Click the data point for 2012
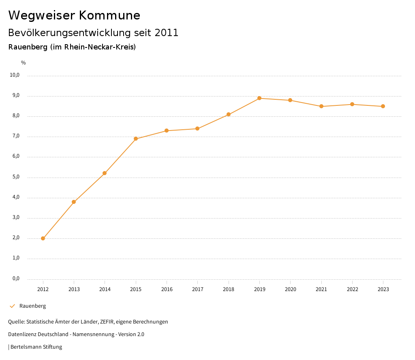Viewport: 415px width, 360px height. (x=43, y=238)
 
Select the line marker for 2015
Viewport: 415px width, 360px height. (x=136, y=139)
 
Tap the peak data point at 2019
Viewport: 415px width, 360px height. (x=259, y=98)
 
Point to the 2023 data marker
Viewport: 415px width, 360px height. (x=383, y=106)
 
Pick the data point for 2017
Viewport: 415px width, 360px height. (x=197, y=129)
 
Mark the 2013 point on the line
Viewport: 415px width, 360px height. (x=74, y=202)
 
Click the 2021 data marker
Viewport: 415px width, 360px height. (x=321, y=106)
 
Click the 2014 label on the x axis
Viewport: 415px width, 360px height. (x=105, y=289)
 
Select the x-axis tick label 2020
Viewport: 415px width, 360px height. (x=291, y=289)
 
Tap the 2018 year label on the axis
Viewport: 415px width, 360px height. (x=229, y=289)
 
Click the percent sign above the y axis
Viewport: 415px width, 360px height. (x=24, y=62)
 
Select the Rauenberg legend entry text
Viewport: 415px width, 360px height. (x=32, y=306)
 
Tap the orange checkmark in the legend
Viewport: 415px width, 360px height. (x=12, y=306)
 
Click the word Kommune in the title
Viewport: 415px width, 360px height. (x=109, y=15)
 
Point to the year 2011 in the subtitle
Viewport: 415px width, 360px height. (x=167, y=32)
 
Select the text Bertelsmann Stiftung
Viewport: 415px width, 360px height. (x=36, y=347)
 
